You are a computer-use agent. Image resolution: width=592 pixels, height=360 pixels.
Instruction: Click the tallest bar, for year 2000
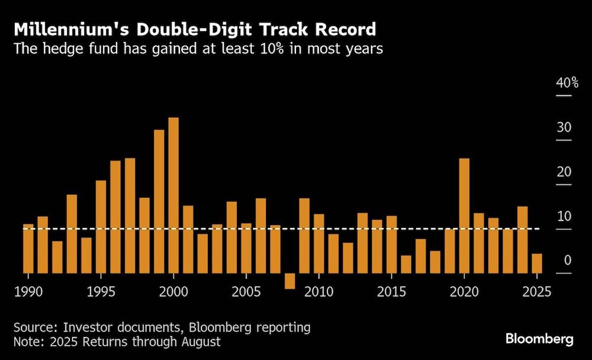click(173, 195)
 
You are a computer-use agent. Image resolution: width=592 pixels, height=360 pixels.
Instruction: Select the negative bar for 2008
click(289, 281)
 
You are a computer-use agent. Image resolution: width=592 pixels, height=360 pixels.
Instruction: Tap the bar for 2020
click(464, 216)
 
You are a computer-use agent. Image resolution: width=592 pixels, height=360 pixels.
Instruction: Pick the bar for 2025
click(537, 263)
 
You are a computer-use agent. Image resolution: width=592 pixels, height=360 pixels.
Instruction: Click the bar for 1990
click(28, 249)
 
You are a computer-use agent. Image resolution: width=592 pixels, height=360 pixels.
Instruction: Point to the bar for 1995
click(101, 227)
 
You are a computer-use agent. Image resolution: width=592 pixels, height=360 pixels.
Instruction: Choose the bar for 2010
click(318, 243)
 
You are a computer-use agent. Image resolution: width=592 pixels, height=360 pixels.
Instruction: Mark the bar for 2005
click(246, 248)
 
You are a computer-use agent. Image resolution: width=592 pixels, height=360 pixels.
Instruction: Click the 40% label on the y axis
click(567, 83)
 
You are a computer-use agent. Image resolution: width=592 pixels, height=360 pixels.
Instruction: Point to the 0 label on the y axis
click(567, 261)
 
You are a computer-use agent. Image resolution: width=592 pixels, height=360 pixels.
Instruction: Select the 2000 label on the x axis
click(173, 292)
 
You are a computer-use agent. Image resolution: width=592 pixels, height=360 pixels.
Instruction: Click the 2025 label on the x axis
click(537, 292)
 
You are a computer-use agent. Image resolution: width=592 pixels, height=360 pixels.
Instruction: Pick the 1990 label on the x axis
click(28, 292)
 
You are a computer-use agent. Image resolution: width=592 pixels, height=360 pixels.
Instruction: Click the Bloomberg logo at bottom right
click(539, 339)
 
